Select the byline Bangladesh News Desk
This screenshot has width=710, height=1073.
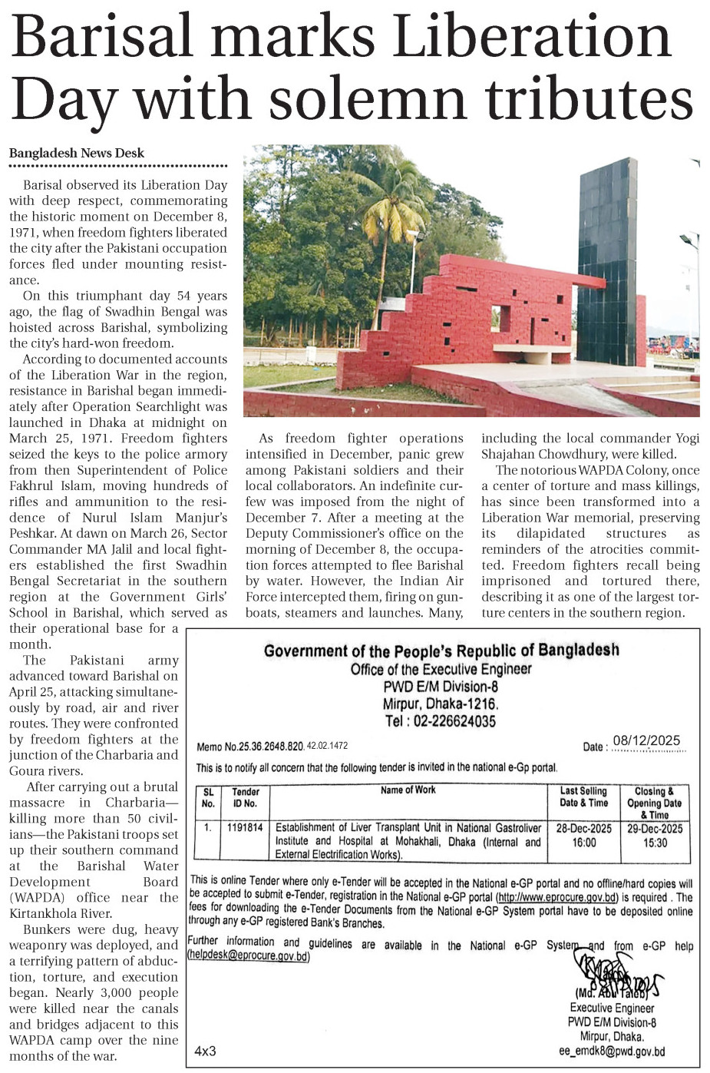click(77, 153)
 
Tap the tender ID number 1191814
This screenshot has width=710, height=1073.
click(245, 828)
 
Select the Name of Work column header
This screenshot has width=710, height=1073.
click(408, 790)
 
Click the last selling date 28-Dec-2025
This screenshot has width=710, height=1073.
click(583, 829)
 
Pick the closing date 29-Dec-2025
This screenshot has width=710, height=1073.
click(655, 829)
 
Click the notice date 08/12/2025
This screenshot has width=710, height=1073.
click(646, 740)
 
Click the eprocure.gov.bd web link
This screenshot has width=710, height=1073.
click(557, 897)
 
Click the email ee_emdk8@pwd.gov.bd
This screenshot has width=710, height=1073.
click(612, 1051)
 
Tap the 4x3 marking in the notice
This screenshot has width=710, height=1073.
click(205, 1050)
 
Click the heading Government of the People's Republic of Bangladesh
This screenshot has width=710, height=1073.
click(441, 651)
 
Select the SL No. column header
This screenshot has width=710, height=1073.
click(208, 797)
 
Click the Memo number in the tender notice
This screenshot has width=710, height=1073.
click(272, 746)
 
